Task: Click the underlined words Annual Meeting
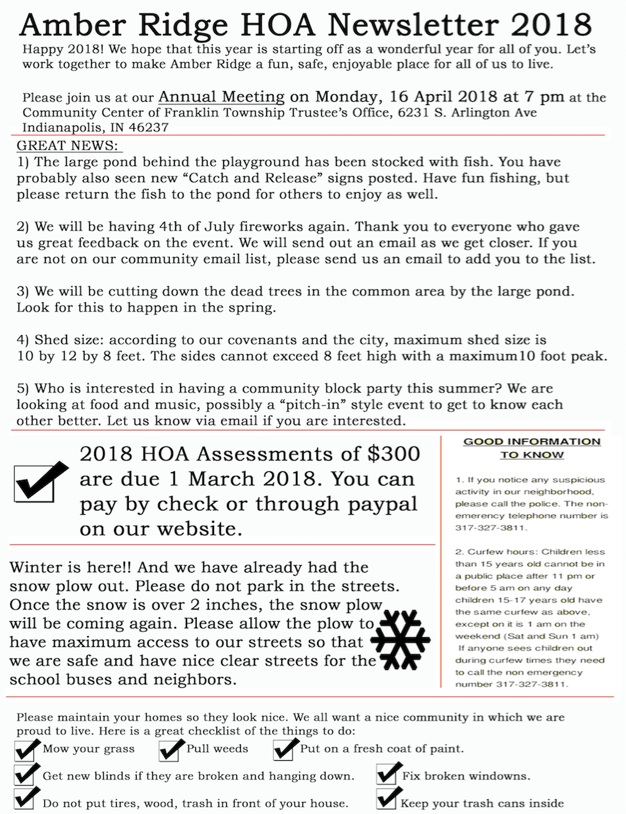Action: (222, 97)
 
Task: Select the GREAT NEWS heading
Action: (69, 146)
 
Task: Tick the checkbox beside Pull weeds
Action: (170, 749)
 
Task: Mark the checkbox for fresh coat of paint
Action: (284, 749)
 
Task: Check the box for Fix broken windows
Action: (388, 775)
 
